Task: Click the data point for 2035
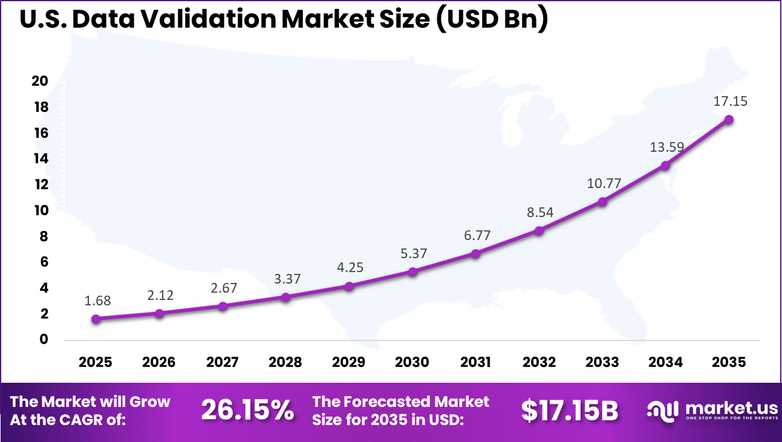click(729, 120)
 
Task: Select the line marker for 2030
click(412, 272)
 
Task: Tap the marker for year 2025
click(96, 319)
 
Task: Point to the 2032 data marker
click(539, 230)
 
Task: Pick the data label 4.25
click(349, 267)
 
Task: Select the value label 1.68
click(98, 301)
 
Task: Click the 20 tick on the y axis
click(39, 81)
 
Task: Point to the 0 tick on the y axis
click(43, 339)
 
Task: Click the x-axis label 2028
click(285, 362)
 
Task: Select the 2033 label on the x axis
click(602, 362)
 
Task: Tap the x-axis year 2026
click(158, 362)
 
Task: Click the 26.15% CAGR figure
click(247, 411)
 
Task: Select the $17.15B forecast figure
click(570, 411)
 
